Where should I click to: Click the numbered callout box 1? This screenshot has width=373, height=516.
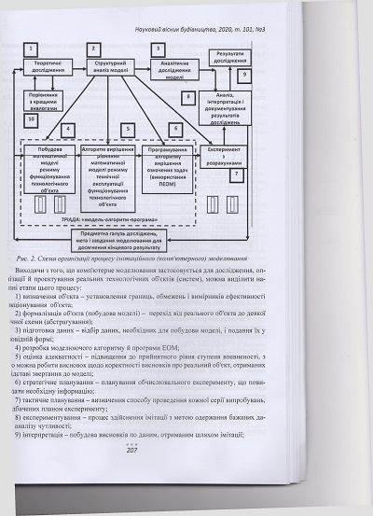34,48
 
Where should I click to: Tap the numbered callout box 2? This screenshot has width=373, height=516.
92,48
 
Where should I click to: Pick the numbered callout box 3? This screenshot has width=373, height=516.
158,48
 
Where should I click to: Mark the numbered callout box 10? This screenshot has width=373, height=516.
32,119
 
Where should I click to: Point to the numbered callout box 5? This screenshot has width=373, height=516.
126,129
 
